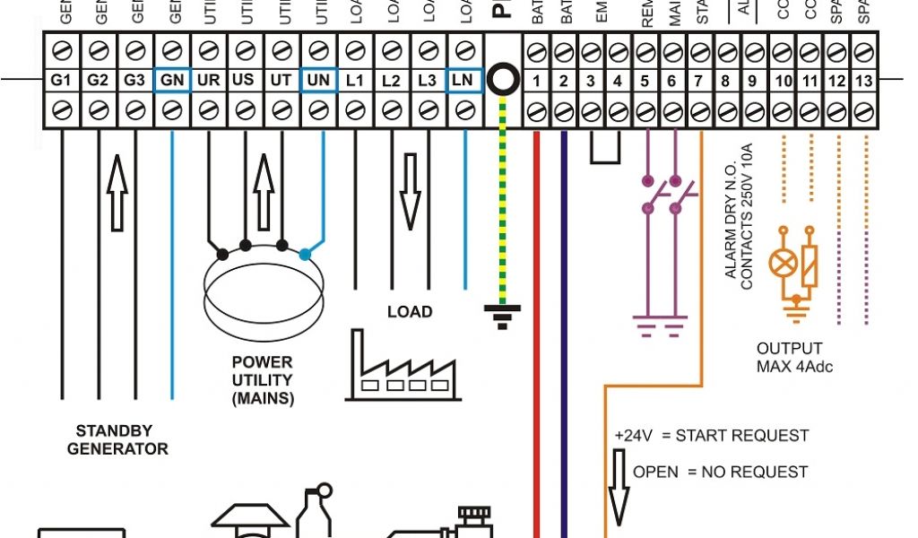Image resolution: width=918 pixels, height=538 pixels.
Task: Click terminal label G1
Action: pos(61,80)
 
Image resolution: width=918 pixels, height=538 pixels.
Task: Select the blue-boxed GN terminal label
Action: pos(171,80)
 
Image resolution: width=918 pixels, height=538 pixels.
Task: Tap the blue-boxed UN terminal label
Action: pos(318,80)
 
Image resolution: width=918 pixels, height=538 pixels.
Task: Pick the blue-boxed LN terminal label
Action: pos(463,80)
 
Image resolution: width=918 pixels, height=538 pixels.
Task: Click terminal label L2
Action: pos(391,80)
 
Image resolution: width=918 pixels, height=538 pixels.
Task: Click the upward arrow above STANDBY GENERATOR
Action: pos(116,193)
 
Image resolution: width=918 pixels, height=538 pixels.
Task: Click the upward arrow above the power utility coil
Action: pos(263,192)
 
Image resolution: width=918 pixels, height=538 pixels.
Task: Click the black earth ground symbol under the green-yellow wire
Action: pos(502,314)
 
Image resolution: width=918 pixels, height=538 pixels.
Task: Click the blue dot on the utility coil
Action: pos(306,254)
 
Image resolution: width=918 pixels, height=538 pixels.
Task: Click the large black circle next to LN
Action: pos(505,80)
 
